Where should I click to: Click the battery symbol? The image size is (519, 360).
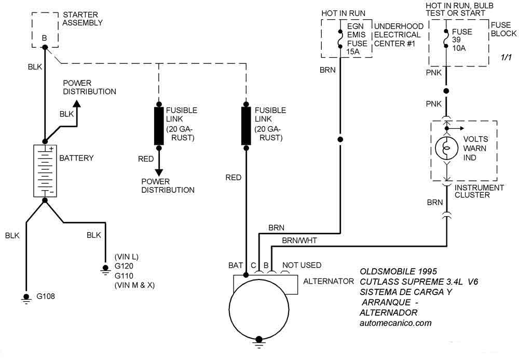tap(45, 171)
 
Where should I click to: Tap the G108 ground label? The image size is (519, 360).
tap(46, 296)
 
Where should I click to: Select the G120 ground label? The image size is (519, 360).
tap(124, 266)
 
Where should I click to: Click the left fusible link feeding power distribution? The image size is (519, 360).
tap(159, 126)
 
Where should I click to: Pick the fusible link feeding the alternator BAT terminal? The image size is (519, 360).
tap(246, 126)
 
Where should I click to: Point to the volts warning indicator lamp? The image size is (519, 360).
tap(446, 148)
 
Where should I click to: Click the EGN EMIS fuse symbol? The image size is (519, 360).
tap(340, 39)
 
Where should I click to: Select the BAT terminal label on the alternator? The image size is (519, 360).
tap(235, 265)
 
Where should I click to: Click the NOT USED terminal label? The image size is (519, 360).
tap(302, 265)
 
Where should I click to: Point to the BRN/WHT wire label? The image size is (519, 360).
tap(299, 241)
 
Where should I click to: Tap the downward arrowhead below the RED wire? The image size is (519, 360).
tap(159, 172)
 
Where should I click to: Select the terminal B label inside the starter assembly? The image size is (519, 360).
tap(44, 38)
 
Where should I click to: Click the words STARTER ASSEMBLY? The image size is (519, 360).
tap(83, 19)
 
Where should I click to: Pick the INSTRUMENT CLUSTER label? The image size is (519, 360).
tap(479, 191)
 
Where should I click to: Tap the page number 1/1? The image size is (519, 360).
tap(506, 57)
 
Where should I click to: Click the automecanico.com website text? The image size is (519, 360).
tap(395, 323)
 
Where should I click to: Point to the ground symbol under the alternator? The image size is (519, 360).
tap(259, 342)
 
